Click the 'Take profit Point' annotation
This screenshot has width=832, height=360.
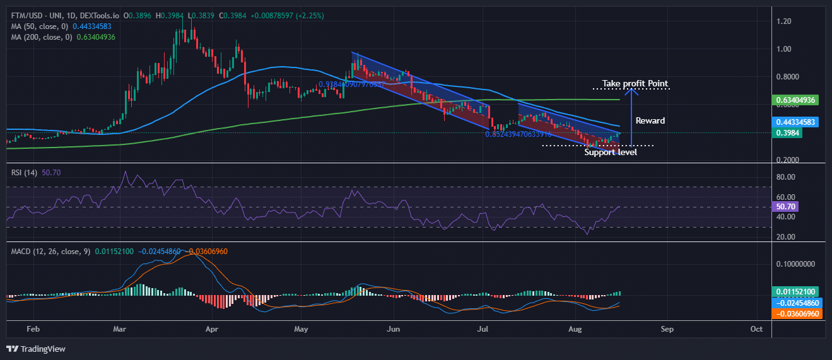coord(635,83)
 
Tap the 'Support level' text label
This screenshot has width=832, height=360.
coord(611,152)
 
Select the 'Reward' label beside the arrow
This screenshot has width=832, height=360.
coord(650,120)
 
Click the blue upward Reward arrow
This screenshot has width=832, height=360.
coord(634,117)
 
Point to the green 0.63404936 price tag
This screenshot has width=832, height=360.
coord(796,100)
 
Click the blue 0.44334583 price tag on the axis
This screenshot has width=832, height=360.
coord(796,122)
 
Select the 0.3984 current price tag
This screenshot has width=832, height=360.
coord(789,132)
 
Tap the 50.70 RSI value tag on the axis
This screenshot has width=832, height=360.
coord(786,206)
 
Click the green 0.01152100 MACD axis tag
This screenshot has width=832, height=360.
coord(796,292)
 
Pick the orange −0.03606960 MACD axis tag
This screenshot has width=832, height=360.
coord(796,313)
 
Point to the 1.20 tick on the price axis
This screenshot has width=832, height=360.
coord(783,21)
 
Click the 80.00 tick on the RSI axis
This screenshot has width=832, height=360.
coord(786,177)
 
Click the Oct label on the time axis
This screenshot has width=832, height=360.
coord(757,329)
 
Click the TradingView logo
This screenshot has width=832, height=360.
coord(36,349)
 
